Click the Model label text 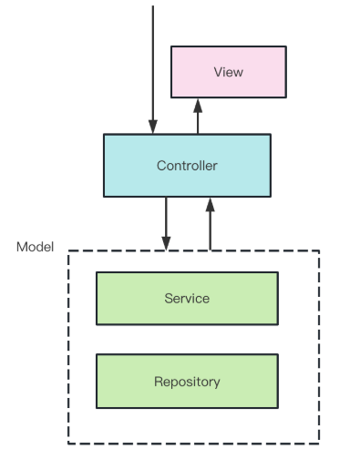coord(36,247)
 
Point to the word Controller coord(187,166)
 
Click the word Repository coord(187,382)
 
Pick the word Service coord(187,299)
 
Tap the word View coord(228,72)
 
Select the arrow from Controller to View coord(197,117)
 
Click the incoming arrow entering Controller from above coord(152,64)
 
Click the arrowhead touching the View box coord(197,105)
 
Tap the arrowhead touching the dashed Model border coord(166,243)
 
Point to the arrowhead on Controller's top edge coord(152,128)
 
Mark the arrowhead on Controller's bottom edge coord(211,203)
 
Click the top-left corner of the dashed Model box coord(68,251)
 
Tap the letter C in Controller coord(160,166)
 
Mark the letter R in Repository coord(158,382)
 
